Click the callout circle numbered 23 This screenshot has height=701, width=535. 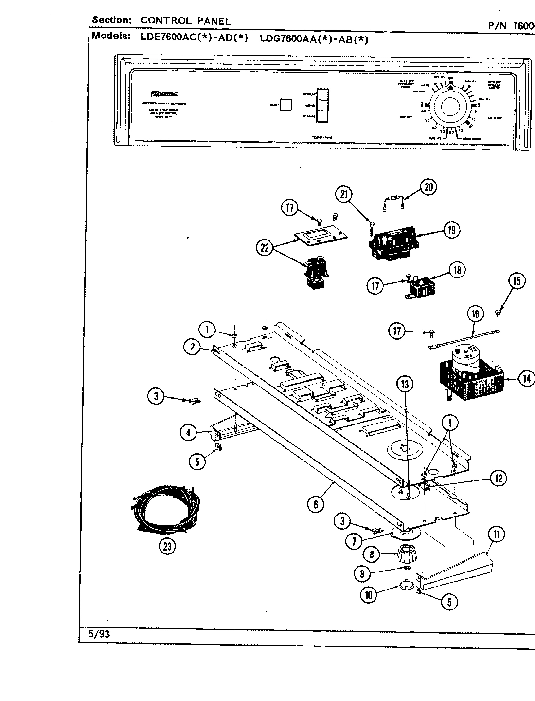[167, 546]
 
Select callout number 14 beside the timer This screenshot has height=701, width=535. [526, 378]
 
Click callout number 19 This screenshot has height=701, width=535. [451, 230]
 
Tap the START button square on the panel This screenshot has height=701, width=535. [287, 105]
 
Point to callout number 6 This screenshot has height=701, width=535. [315, 504]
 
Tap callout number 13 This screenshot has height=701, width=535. [405, 384]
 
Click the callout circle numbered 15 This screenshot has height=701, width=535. [517, 281]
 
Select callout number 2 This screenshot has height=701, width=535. [193, 347]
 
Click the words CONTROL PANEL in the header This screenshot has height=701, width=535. [185, 20]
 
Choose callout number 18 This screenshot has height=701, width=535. [457, 270]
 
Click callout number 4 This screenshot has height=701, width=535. [188, 431]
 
